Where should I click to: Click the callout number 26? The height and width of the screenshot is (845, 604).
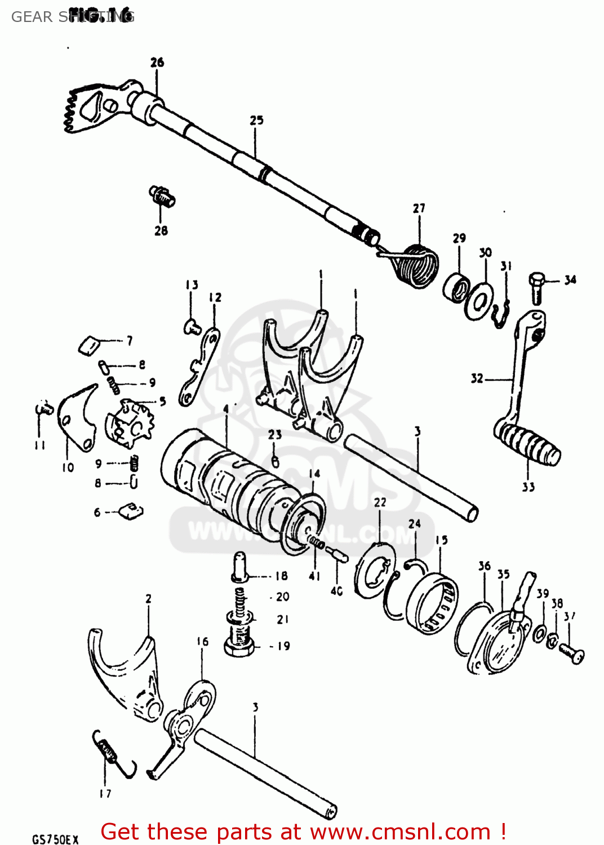pyautogui.click(x=157, y=63)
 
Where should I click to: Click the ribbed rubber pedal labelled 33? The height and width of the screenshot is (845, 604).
pyautogui.click(x=528, y=444)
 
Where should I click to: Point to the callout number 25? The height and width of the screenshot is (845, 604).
pyautogui.click(x=256, y=121)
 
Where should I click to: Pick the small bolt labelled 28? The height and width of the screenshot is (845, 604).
pyautogui.click(x=162, y=197)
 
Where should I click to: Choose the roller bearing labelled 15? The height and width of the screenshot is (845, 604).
pyautogui.click(x=433, y=604)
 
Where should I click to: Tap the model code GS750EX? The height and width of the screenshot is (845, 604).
pyautogui.click(x=55, y=839)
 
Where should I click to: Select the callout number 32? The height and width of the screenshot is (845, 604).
pyautogui.click(x=477, y=379)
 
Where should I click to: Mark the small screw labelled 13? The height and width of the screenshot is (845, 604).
pyautogui.click(x=192, y=326)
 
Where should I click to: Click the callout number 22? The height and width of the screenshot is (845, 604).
pyautogui.click(x=380, y=502)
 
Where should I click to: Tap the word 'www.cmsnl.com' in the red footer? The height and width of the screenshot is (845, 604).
pyautogui.click(x=400, y=831)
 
